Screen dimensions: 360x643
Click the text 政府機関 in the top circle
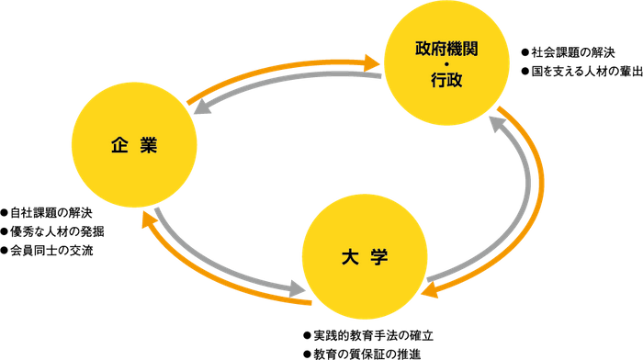tap(446, 49)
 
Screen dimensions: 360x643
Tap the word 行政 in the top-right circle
tap(446, 80)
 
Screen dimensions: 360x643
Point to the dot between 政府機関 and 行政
tap(446, 64)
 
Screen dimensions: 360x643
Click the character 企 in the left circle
tap(118, 145)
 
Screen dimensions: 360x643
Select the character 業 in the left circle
tap(150, 145)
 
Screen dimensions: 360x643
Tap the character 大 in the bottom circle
tap(349, 256)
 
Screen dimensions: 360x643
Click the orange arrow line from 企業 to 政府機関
tap(276, 67)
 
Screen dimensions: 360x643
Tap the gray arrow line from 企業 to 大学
tap(220, 262)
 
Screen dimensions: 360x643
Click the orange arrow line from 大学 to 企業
tap(211, 276)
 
